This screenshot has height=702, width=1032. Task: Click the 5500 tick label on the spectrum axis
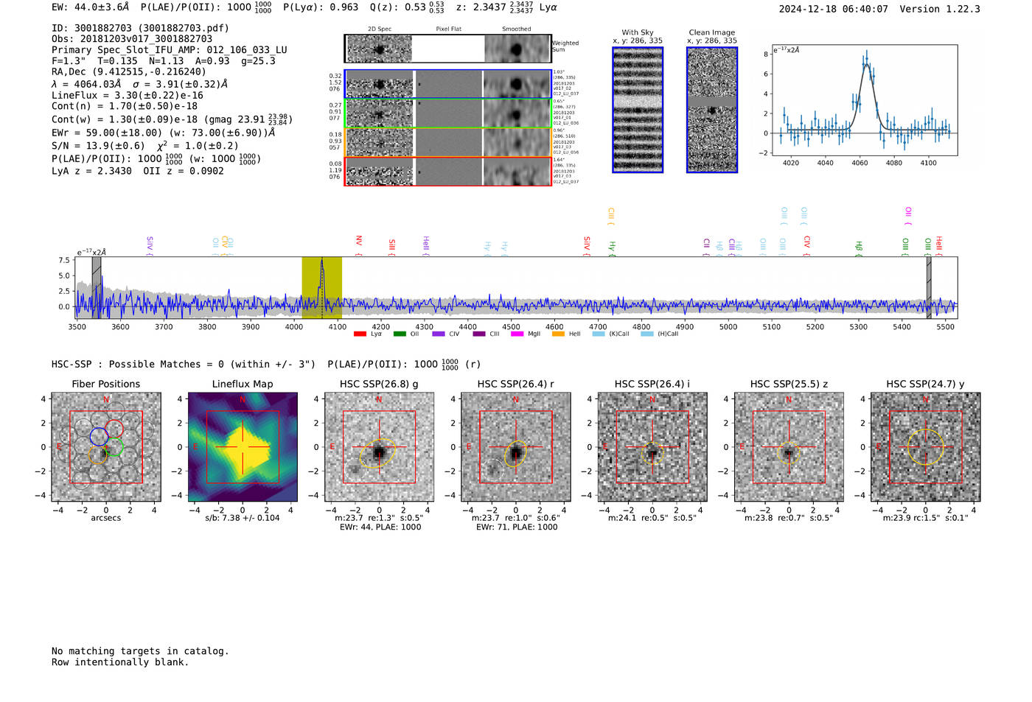tap(945, 326)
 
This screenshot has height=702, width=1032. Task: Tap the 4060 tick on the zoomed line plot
tap(860, 163)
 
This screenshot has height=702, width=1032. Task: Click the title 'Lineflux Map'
tap(242, 384)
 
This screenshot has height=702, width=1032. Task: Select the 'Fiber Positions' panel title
tap(105, 384)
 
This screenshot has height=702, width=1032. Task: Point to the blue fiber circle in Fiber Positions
tap(99, 435)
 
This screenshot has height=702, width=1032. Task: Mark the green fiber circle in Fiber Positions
tap(114, 447)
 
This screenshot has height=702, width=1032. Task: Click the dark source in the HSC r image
tap(515, 452)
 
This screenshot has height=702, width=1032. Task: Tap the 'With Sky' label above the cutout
tap(637, 32)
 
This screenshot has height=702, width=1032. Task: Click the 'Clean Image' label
tap(711, 32)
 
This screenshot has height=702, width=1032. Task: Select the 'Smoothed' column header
tap(516, 29)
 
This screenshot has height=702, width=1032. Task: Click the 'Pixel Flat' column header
tap(448, 29)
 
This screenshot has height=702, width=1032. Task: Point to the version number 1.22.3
tap(960, 9)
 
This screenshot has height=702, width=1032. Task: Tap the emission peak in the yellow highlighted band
tap(321, 262)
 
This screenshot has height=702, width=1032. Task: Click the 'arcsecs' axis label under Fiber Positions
tap(105, 518)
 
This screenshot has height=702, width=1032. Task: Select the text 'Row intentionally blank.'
tap(120, 662)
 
